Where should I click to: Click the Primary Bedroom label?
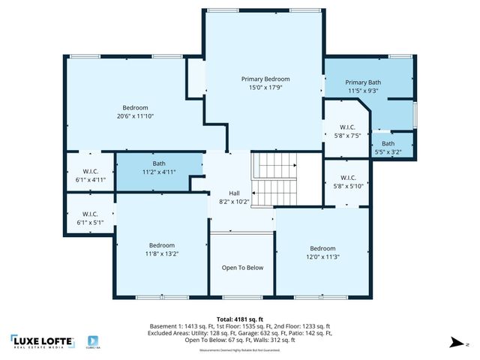(x=265, y=79)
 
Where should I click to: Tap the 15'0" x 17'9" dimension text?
(x=265, y=88)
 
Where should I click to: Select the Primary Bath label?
(x=363, y=82)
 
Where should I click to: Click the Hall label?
(x=234, y=193)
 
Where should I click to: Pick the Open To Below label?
(x=242, y=267)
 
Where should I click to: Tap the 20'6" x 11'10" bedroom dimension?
(x=136, y=116)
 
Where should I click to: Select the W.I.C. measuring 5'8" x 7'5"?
(x=346, y=131)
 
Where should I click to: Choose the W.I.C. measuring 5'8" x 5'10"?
(x=346, y=181)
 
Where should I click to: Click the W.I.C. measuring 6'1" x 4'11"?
(x=89, y=175)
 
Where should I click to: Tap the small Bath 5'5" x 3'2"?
(x=388, y=148)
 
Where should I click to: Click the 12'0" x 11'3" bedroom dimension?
(x=322, y=257)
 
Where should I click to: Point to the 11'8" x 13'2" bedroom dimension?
(x=161, y=253)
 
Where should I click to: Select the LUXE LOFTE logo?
(x=42, y=341)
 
